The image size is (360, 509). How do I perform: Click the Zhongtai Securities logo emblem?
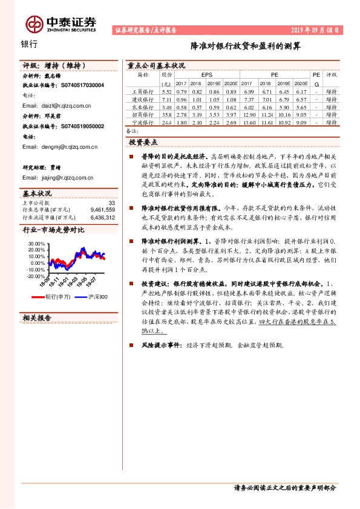click(34, 23)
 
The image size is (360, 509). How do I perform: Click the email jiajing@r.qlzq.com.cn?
click(58, 178)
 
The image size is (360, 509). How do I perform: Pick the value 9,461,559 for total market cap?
click(102, 210)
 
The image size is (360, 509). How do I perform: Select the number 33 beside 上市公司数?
click(111, 203)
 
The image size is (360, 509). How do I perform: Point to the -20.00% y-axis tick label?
click(36, 276)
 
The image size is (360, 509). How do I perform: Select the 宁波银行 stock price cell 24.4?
click(167, 122)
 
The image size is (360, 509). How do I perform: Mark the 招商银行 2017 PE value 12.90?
click(248, 114)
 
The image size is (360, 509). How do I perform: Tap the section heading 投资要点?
click(143, 142)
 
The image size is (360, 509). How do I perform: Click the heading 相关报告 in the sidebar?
click(36, 317)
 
